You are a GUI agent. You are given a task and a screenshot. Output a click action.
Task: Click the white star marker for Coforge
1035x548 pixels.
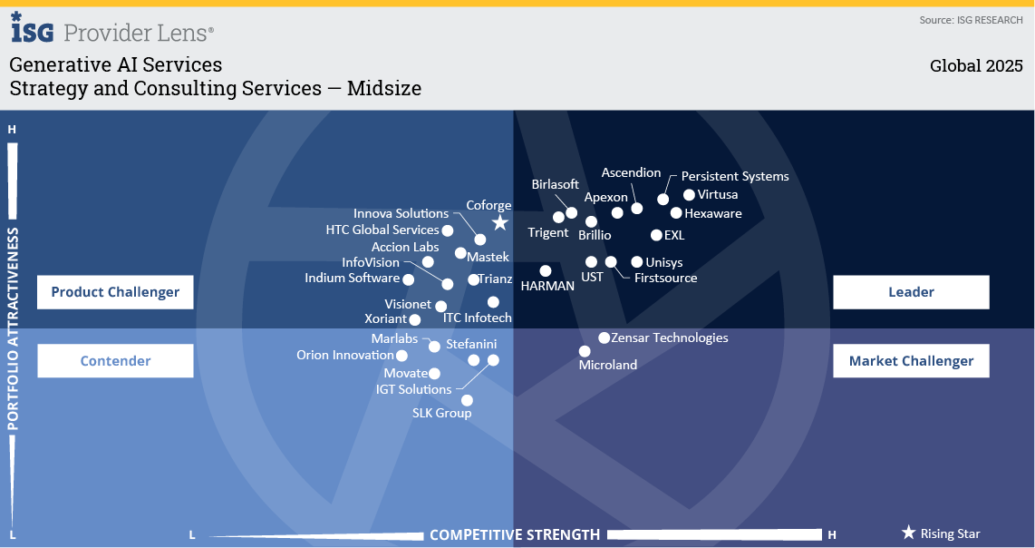pos(499,223)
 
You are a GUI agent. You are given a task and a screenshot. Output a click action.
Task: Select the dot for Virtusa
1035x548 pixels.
pos(689,195)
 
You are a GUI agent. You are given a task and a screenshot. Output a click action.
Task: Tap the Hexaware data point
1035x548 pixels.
pos(676,213)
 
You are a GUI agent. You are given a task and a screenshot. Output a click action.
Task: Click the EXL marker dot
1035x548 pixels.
pos(657,235)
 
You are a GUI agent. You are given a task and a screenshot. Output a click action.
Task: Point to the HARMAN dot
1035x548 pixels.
pos(546,270)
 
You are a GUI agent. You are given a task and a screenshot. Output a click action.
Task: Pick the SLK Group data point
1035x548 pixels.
pos(467,400)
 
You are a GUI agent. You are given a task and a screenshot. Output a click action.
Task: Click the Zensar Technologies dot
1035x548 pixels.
pos(605,338)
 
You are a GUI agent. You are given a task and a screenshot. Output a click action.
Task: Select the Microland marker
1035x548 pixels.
pos(585,351)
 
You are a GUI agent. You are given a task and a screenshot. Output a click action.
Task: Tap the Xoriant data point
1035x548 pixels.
pos(415,319)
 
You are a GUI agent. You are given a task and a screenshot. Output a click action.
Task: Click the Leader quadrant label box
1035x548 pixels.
pos(911,292)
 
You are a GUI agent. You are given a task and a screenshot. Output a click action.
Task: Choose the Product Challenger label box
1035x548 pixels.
pos(115,292)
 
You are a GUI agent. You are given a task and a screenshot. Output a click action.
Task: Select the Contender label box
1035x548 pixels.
pos(115,361)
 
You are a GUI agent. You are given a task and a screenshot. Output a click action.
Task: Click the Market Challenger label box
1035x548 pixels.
pos(911,361)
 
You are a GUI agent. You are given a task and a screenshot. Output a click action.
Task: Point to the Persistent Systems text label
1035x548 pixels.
pos(735,176)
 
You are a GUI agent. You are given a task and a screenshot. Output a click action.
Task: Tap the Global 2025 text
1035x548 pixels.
pos(976,66)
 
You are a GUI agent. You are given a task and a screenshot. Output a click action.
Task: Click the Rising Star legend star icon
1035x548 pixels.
pos(908,533)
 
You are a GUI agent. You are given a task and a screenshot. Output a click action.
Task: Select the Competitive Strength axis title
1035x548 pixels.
pos(515,534)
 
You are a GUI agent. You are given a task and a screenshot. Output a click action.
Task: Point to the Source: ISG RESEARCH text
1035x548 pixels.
pos(971,20)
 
